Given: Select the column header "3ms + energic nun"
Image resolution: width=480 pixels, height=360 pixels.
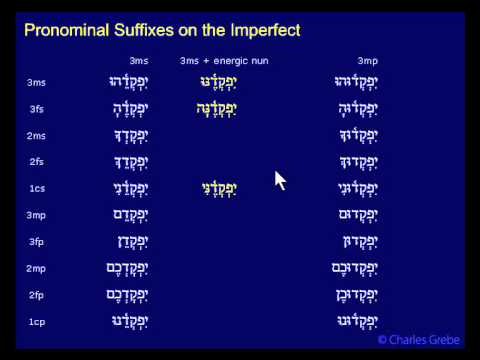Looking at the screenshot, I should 224,61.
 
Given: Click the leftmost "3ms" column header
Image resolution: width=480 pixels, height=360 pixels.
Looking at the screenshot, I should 139,61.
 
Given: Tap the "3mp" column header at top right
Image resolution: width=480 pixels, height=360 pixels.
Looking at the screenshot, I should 367,61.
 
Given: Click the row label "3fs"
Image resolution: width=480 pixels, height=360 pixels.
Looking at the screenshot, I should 36,109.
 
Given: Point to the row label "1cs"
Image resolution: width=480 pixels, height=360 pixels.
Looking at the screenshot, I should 36,188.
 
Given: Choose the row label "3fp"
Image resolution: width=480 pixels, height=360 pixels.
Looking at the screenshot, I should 36,241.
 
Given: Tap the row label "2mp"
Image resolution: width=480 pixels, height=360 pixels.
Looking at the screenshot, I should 36,268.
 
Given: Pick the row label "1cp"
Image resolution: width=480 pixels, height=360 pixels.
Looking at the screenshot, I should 36,321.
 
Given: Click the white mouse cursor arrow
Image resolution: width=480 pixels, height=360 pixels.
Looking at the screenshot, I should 280,180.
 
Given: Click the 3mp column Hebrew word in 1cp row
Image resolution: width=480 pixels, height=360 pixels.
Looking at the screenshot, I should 356,320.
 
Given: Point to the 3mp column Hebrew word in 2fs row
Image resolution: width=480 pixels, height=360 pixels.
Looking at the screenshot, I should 356,161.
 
